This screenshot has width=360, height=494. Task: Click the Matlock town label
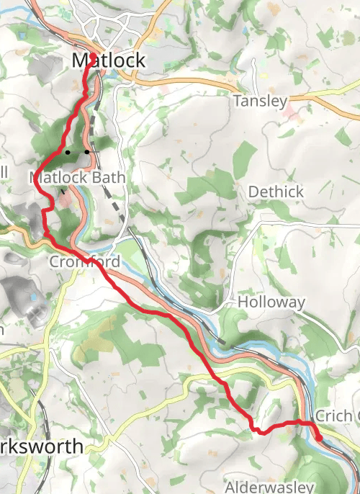coord(109,61)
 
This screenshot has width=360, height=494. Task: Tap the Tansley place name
coord(260,102)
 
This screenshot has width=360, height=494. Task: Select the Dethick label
coord(276,192)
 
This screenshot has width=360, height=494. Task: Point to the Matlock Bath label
coord(78,177)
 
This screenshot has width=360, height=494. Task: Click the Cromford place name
coord(84,262)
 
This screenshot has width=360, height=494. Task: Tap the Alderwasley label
coord(270,487)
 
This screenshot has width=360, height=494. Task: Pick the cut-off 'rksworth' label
coord(42,446)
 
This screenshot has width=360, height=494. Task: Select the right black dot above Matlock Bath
coord(86,152)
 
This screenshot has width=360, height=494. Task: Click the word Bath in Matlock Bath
coord(110,177)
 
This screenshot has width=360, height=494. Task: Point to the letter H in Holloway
coord(243,302)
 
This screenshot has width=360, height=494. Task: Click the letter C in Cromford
coord(54,262)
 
